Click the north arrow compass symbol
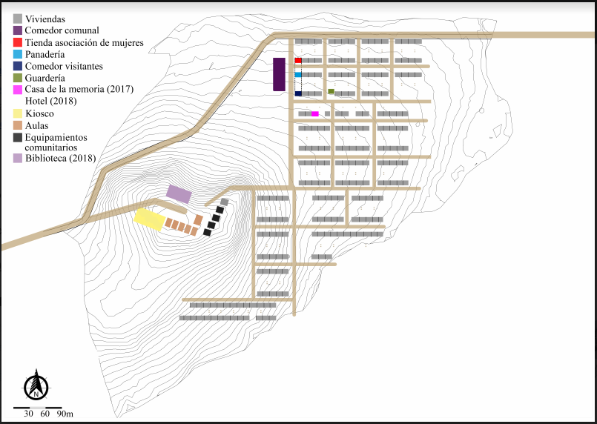36,385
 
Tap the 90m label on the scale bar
65,414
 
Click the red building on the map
298,60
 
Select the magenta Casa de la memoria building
315,114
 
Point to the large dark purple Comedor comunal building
279,75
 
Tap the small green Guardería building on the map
332,91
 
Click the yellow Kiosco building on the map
149,219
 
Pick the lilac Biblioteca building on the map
179,193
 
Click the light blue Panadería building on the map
298,75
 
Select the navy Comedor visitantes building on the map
298,93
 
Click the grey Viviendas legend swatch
18,19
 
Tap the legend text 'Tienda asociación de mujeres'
84,43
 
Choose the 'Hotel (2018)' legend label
50,102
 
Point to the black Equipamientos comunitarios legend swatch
18,137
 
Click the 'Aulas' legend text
36,125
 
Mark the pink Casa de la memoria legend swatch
18,90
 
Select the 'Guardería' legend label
45,78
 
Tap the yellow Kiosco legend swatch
18,113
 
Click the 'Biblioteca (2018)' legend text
61,159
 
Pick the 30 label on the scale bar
28,414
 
